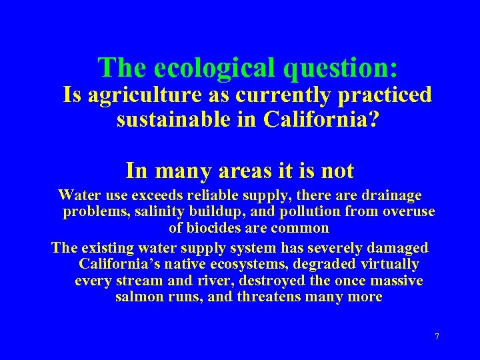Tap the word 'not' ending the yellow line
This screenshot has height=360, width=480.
click(x=337, y=171)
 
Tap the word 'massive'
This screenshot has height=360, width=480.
click(x=397, y=281)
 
